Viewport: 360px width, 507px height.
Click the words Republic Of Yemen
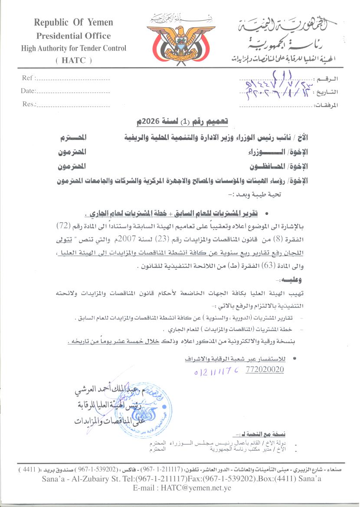point(74,23)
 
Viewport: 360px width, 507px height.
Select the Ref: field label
point(29,78)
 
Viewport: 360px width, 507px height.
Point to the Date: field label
point(28,91)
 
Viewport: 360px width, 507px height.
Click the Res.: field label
point(29,104)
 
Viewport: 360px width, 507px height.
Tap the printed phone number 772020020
point(265,370)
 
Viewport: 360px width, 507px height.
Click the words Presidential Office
point(74,36)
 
